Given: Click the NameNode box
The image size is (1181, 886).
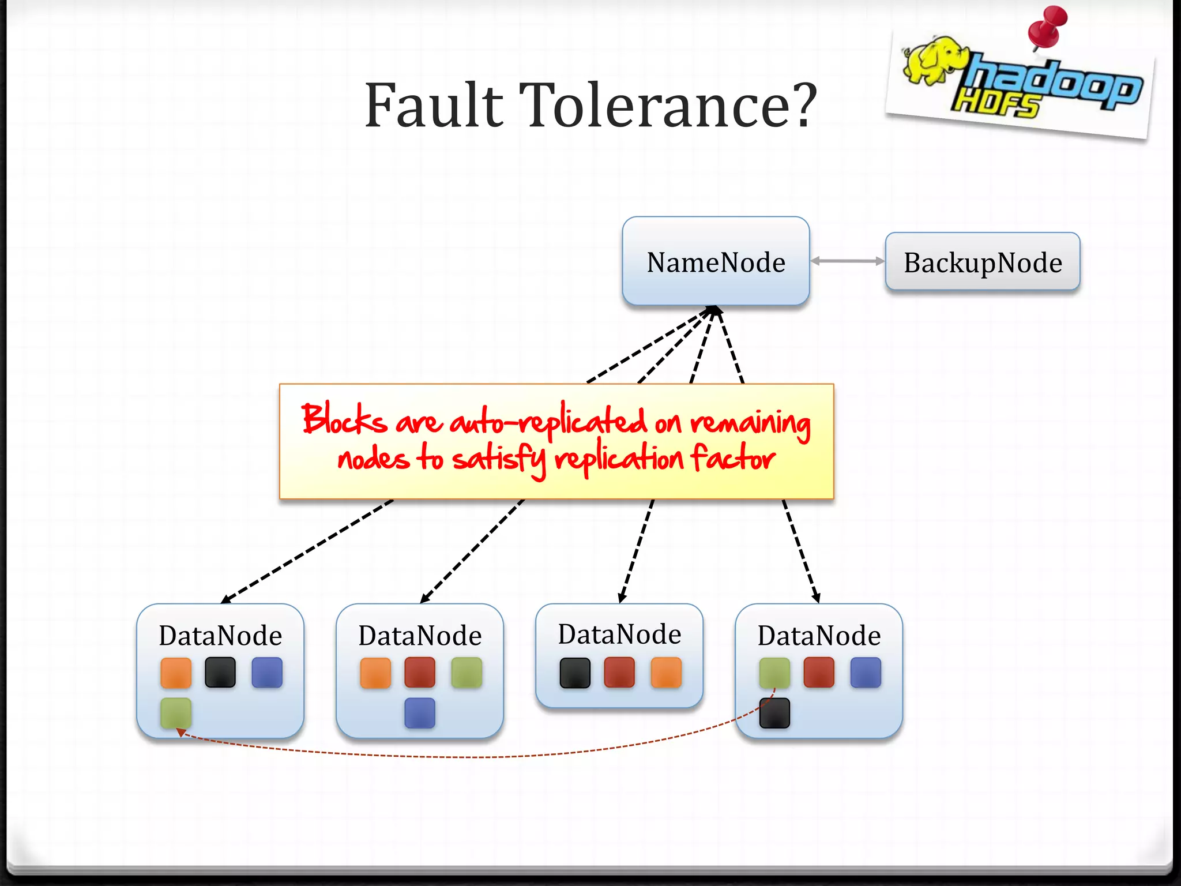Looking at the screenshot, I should [716, 261].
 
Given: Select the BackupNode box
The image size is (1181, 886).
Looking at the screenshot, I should [982, 262].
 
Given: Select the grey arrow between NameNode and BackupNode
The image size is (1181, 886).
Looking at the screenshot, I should [847, 261].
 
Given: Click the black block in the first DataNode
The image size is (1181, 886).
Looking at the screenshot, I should [220, 673].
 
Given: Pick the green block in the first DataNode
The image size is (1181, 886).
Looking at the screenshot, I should [176, 713].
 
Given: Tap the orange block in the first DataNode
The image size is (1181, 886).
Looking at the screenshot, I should [176, 673].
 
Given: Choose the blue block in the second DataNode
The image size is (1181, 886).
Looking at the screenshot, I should [420, 713].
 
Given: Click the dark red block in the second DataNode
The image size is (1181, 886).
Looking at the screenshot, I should [420, 673].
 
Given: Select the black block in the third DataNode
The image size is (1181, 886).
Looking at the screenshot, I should [575, 673].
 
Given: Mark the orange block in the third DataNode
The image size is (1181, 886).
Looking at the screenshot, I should [666, 673].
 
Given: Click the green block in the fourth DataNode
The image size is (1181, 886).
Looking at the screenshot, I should [774, 673].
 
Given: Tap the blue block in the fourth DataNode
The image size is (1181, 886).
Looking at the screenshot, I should [866, 673].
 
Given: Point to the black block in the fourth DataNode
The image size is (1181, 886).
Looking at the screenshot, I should [774, 713].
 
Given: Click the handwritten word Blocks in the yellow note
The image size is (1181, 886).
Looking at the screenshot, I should [344, 419].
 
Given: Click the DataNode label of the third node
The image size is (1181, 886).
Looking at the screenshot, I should [619, 634].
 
